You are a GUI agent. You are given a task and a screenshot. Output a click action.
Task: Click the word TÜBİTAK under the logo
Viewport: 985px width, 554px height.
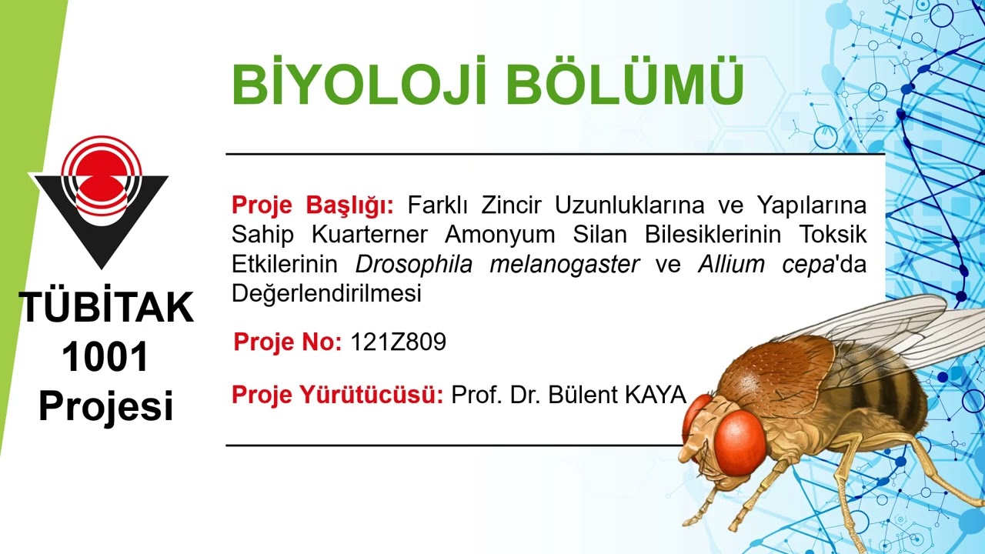(106, 308)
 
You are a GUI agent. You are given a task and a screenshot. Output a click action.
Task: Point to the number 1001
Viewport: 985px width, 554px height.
(105, 357)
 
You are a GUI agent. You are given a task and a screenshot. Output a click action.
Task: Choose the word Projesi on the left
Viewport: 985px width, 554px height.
(106, 406)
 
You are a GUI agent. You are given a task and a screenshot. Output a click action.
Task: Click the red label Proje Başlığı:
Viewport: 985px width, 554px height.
(312, 206)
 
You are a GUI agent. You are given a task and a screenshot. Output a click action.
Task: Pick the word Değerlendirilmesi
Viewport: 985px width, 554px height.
(326, 294)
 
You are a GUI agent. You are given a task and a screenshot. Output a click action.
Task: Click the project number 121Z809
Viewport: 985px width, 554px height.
(398, 342)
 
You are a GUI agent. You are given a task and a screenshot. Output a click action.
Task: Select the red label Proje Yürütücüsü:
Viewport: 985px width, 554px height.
(337, 395)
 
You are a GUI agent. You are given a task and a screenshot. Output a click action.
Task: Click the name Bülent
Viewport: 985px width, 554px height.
(584, 395)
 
